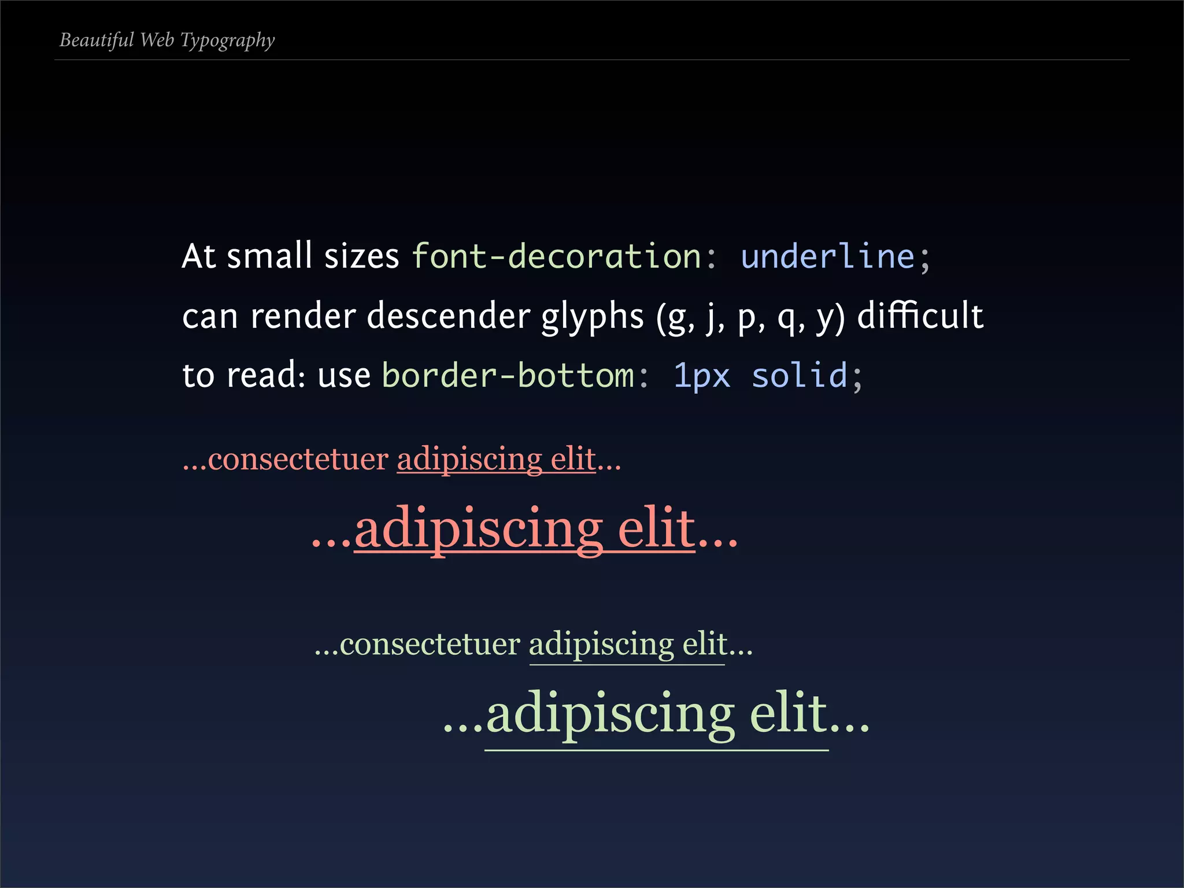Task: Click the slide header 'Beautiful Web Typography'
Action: point(167,40)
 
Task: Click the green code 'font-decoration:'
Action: point(564,256)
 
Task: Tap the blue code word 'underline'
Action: point(827,256)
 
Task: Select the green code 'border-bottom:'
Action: point(515,375)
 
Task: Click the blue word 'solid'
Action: point(799,375)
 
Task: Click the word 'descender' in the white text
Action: point(448,316)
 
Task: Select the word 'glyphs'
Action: point(592,317)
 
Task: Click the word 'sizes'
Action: point(361,256)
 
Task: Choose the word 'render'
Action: point(303,316)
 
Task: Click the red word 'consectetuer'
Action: point(298,459)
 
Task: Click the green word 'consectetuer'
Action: point(430,644)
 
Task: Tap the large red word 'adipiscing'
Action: point(479,528)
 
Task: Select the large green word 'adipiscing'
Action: point(610,713)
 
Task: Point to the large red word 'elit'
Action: point(656,527)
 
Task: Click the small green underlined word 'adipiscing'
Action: point(601,645)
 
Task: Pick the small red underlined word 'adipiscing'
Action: point(469,460)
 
